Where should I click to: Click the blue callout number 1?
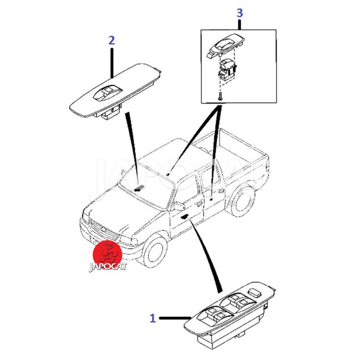click(x=153, y=319)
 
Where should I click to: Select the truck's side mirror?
click(x=179, y=206)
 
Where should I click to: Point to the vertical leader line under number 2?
click(x=112, y=60)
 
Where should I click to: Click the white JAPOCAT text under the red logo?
click(x=108, y=267)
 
